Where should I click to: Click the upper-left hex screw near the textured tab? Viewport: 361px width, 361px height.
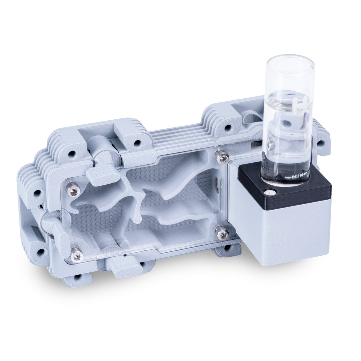[73, 189]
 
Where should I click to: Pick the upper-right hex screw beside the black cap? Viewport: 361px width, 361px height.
[222, 156]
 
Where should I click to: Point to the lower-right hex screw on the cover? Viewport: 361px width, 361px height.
[222, 233]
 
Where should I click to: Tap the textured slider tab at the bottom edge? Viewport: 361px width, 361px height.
[124, 266]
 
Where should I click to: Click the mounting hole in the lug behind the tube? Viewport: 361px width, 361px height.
[321, 144]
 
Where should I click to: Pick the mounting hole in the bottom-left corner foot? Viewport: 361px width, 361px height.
[78, 277]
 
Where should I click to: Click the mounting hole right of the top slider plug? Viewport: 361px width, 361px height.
[137, 143]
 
